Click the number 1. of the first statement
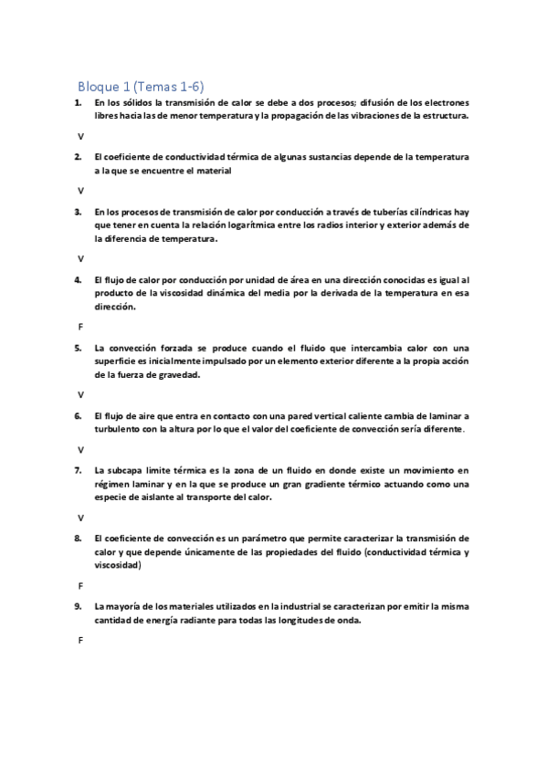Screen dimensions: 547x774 (x=79, y=104)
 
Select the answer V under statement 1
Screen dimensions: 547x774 (x=80, y=136)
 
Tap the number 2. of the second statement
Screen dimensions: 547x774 (x=79, y=157)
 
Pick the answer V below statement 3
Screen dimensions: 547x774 (x=80, y=258)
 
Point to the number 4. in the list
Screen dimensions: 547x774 (x=79, y=279)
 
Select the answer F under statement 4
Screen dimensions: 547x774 (x=80, y=326)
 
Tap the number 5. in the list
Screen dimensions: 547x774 (x=79, y=348)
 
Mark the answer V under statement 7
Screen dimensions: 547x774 (x=80, y=517)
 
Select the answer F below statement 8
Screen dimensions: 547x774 (x=80, y=585)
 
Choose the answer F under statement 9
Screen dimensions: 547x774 (x=80, y=640)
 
